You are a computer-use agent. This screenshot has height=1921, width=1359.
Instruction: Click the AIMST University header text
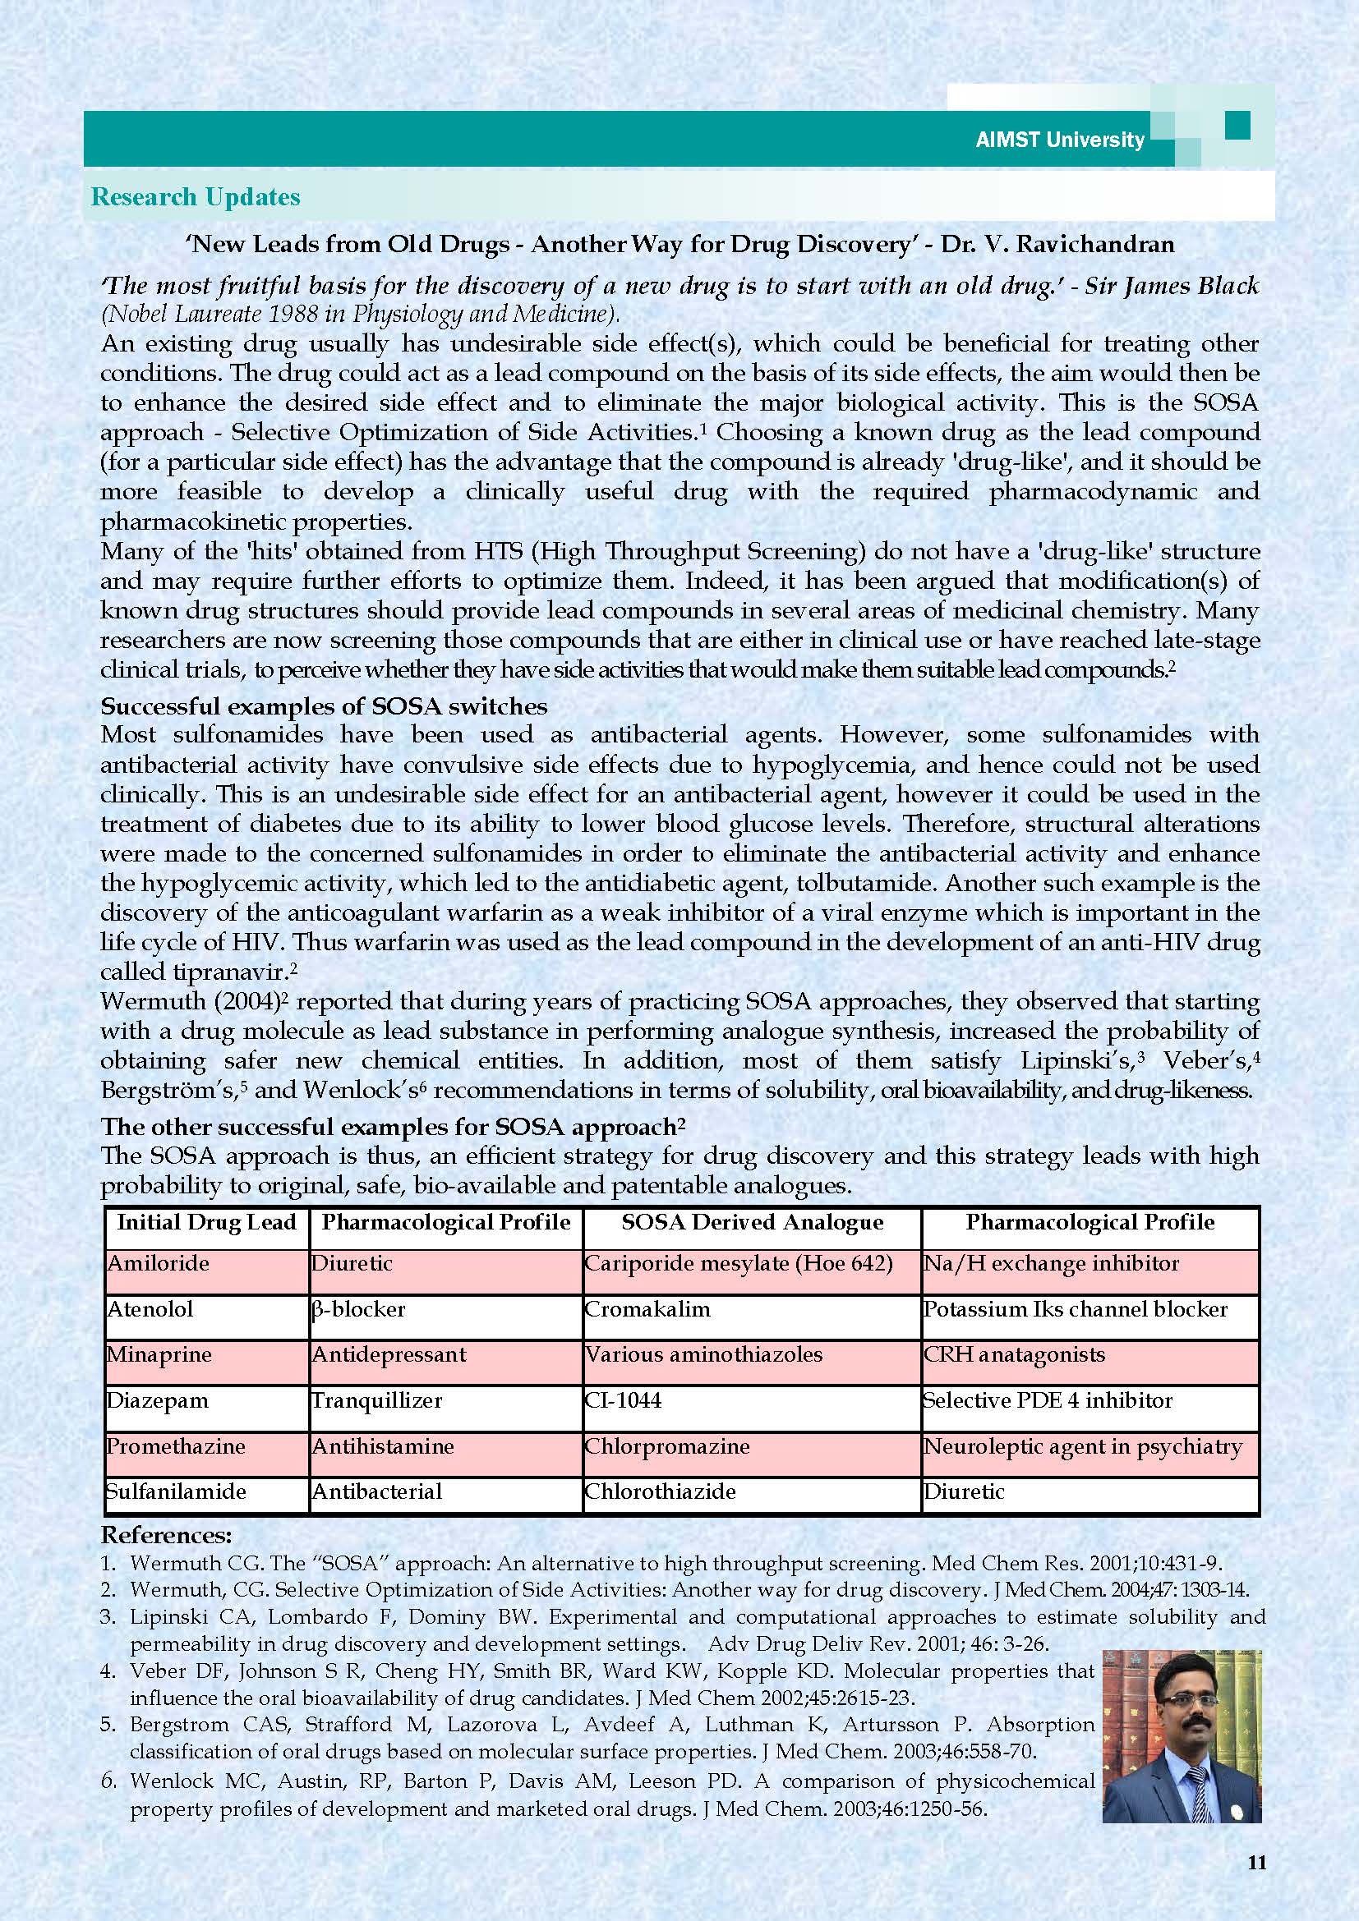click(1059, 140)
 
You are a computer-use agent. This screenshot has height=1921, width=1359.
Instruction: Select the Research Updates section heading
click(195, 197)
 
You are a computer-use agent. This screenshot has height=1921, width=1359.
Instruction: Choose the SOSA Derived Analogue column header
click(752, 1222)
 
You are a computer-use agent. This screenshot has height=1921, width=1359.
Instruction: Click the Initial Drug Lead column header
click(207, 1222)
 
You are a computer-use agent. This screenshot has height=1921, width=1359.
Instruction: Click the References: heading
click(167, 1536)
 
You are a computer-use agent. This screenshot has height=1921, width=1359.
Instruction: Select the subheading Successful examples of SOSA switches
click(324, 706)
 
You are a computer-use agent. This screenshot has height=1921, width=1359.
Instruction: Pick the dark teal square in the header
click(1237, 126)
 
